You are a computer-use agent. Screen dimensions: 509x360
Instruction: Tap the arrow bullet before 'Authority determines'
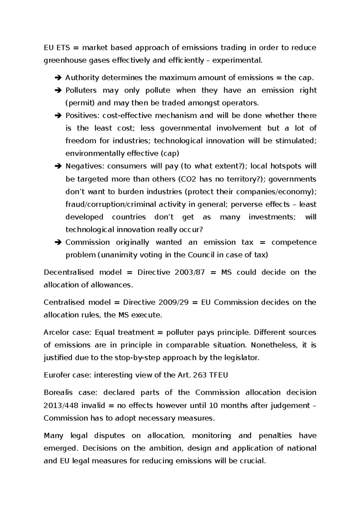click(x=58, y=78)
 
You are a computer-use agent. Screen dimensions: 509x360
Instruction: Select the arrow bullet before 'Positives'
click(x=58, y=116)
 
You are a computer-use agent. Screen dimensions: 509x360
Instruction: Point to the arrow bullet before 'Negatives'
click(x=58, y=166)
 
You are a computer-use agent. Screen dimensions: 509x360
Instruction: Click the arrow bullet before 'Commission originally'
click(x=58, y=242)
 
